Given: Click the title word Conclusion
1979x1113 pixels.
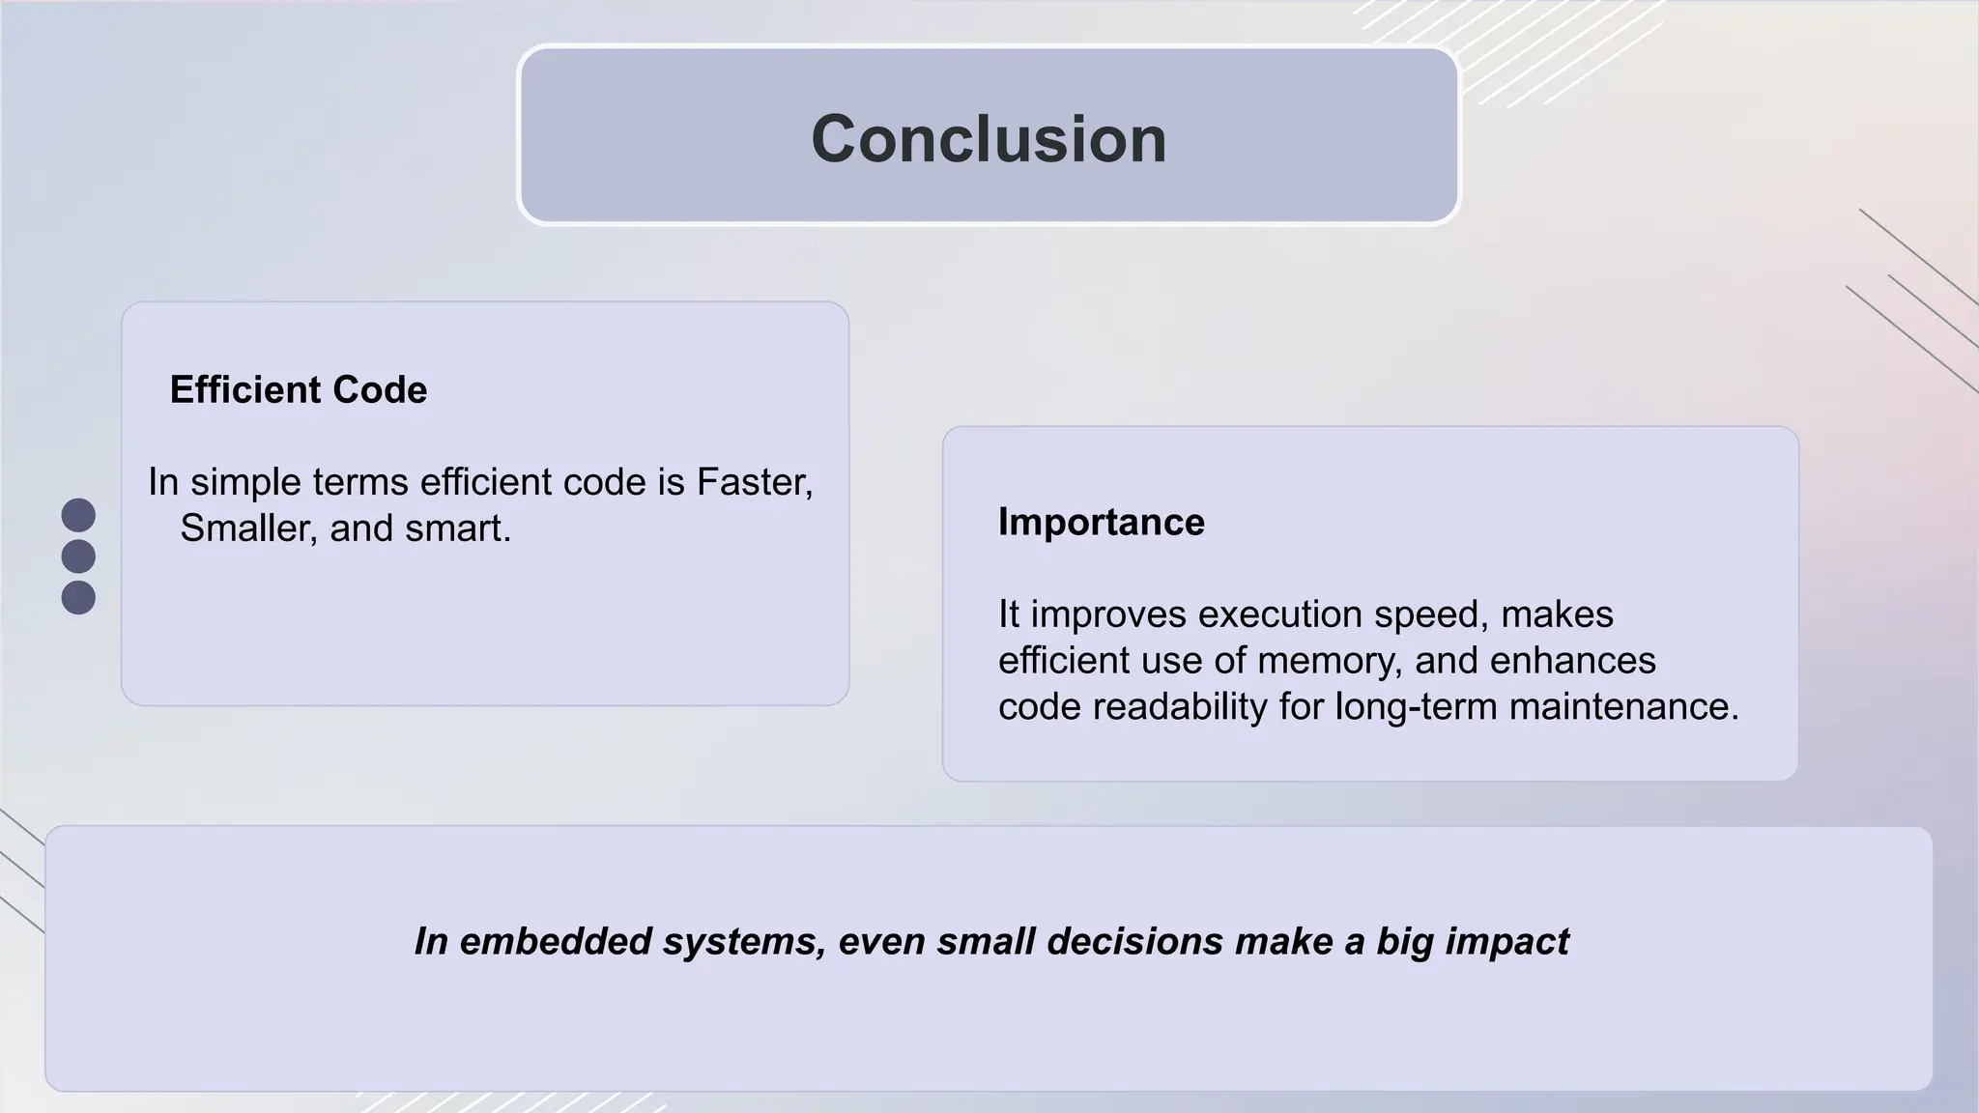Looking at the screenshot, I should (989, 139).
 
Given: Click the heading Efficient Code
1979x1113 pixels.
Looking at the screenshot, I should (298, 389).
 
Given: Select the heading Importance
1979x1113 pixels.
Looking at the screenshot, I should (1101, 522).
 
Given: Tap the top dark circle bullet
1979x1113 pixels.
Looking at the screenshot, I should (78, 515).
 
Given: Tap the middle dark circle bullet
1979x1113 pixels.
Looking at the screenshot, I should (78, 556).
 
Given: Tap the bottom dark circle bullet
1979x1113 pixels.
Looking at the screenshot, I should (78, 597).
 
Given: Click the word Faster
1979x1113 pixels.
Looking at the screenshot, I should (754, 481).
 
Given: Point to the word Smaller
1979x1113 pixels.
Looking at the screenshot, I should (248, 528).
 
